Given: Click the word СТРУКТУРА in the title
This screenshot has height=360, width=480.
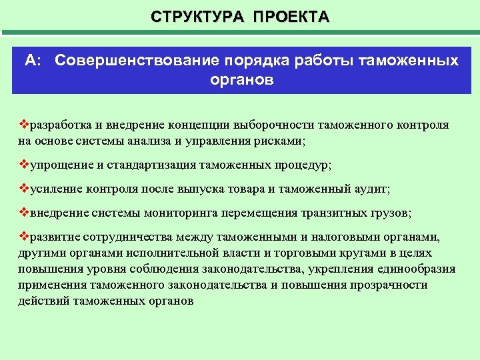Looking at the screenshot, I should point(198,16).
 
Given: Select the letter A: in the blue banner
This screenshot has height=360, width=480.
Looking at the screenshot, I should point(34,61).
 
